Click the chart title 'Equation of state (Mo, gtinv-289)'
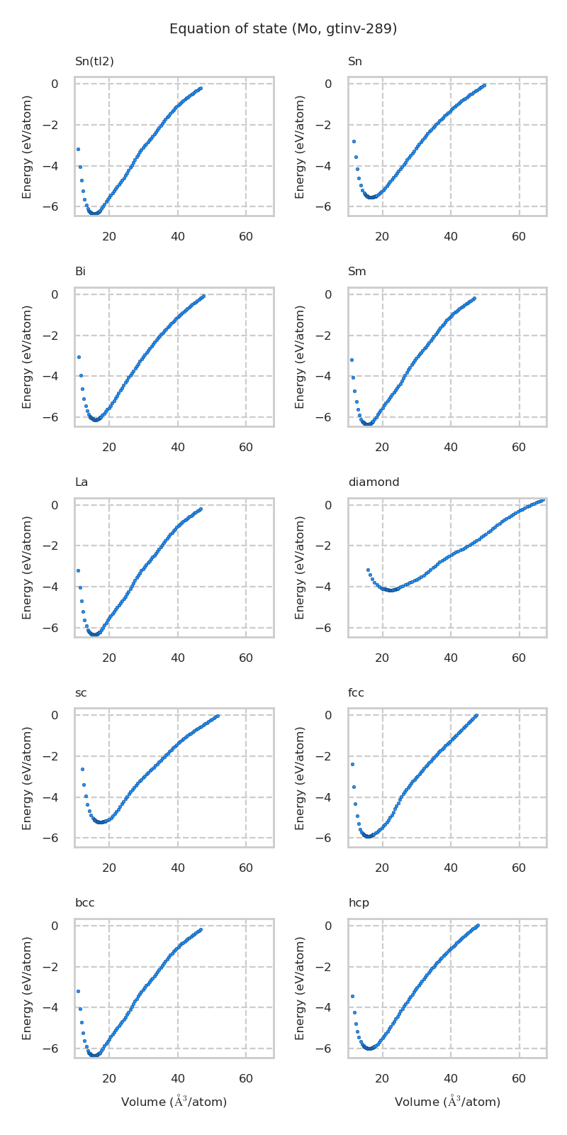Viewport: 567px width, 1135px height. [283, 29]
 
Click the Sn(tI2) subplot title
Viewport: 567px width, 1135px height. [94, 62]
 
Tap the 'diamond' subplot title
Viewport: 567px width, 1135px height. [374, 482]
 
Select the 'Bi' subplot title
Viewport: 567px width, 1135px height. [80, 272]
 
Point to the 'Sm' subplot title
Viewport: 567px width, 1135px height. [357, 272]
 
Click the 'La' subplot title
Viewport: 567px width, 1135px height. [82, 482]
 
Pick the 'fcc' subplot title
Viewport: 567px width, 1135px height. [356, 693]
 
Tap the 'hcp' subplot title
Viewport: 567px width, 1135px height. [358, 903]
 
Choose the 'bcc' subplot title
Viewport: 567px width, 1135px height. [84, 903]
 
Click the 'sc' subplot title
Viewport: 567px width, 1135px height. [81, 693]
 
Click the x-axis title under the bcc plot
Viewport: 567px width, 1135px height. [174, 1102]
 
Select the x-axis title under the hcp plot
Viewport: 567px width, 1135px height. [447, 1102]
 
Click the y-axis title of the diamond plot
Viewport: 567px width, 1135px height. [301, 567]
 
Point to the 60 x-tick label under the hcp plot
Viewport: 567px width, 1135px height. [519, 1079]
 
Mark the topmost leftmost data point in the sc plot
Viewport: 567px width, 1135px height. [82, 769]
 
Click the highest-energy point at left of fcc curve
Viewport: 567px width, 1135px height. [352, 764]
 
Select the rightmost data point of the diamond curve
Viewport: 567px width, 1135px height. [543, 500]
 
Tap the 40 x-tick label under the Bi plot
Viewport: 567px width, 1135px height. [177, 448]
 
